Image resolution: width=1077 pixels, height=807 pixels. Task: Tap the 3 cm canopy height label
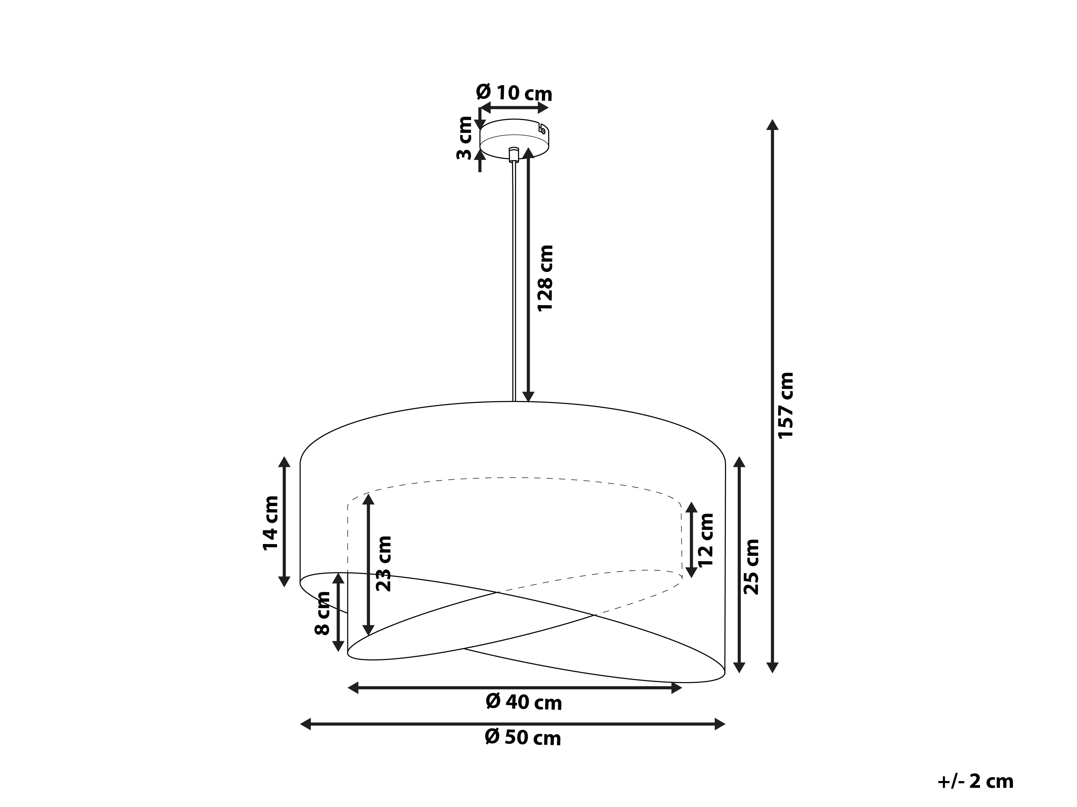tap(464, 138)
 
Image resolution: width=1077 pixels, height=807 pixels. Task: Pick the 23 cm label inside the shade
tap(384, 563)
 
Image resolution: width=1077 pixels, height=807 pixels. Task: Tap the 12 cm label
tap(706, 540)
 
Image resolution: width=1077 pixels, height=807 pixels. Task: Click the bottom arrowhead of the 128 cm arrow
tap(528, 397)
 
